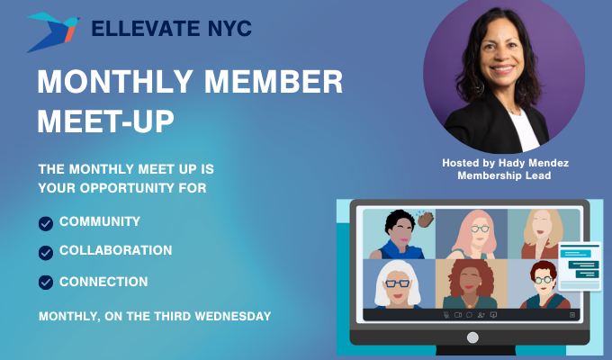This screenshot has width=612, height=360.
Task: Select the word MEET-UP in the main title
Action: coord(105,121)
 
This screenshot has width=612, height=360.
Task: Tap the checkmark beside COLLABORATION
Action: coord(46,252)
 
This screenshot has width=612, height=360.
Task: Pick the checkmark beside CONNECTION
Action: coord(46,283)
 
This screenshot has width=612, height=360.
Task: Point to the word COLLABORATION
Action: coord(115,251)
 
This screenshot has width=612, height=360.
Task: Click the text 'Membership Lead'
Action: coord(504,175)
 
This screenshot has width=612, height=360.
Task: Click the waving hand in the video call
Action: coord(425,219)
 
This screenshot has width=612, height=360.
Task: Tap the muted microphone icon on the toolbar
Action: coord(446,315)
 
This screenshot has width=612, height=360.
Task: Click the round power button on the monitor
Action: coord(472,337)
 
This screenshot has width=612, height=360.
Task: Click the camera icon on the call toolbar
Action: coord(458,315)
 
